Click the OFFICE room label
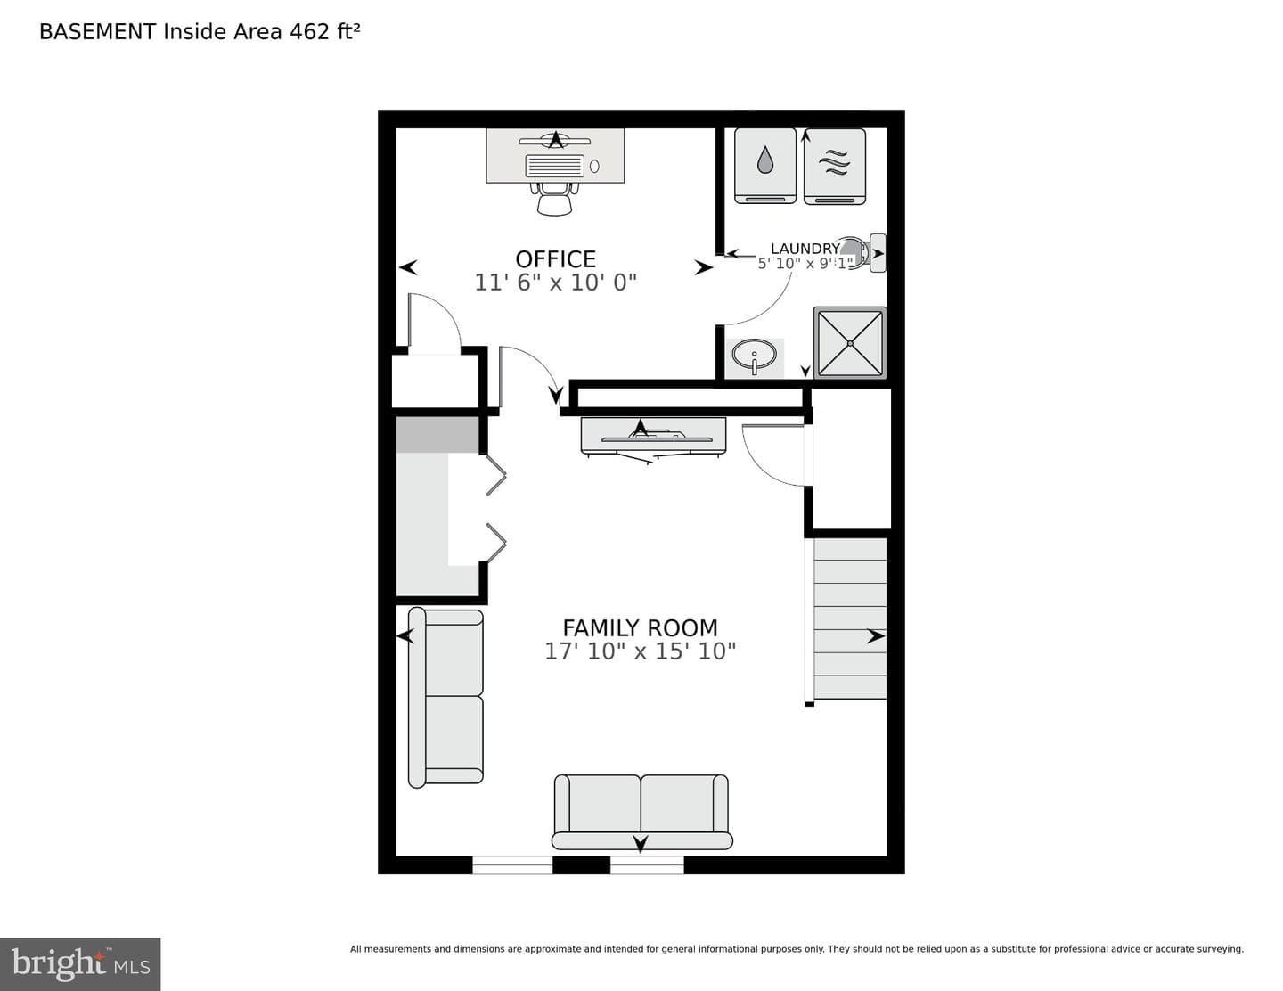coord(555,259)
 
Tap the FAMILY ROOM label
coord(640,627)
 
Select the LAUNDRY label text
coord(805,249)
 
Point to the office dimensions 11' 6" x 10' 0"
coord(556,283)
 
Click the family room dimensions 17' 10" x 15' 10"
coord(640,651)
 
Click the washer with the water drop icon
coord(765,166)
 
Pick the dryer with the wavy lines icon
coord(834,167)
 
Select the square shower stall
coord(850,343)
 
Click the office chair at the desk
coord(554,200)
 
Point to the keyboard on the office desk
coord(554,166)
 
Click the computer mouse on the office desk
coord(594,167)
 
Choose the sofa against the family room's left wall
coord(445,698)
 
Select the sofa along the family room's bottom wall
coord(641,812)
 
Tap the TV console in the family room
coord(653,437)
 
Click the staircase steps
coord(850,618)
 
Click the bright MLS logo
coord(80,964)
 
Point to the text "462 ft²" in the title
coord(324,31)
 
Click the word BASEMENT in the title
coord(97,32)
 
